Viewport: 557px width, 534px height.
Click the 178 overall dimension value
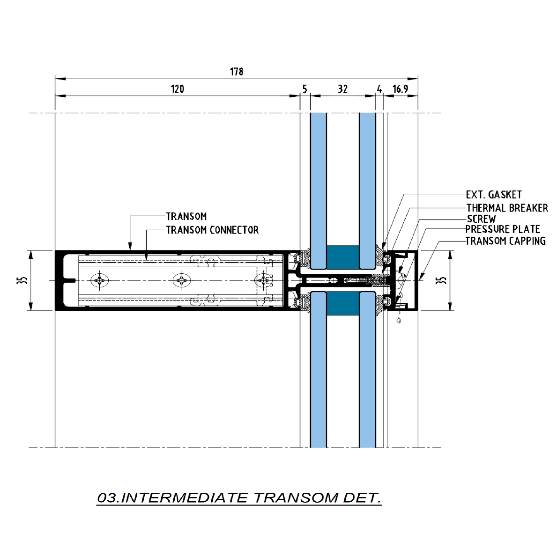237,72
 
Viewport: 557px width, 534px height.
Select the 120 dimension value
177,89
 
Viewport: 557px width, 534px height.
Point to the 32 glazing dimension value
342,89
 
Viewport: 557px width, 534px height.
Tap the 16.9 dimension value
401,89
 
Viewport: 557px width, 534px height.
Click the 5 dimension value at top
305,89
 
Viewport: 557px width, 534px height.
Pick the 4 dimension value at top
379,89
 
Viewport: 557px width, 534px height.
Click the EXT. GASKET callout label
494,195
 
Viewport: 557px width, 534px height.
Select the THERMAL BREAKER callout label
507,208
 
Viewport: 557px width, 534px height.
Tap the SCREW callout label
481,219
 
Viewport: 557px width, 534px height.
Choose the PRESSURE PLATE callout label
503,229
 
